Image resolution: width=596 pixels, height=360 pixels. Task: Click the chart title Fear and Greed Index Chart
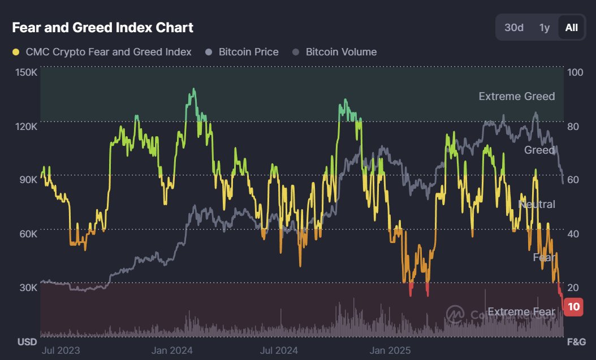click(x=103, y=27)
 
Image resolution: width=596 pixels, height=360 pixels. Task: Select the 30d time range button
click(x=513, y=28)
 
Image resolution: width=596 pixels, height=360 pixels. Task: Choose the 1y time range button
click(x=544, y=28)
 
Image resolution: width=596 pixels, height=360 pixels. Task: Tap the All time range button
click(x=572, y=28)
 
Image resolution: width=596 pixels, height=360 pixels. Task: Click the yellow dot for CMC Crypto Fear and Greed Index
click(x=16, y=52)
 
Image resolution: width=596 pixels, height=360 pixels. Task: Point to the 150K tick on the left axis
click(x=27, y=73)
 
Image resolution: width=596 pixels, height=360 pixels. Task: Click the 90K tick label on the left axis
click(x=29, y=180)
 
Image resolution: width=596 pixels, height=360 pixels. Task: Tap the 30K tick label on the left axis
click(x=29, y=287)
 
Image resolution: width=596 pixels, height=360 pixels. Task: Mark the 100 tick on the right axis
click(x=575, y=73)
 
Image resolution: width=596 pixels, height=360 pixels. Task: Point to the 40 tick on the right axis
click(x=573, y=233)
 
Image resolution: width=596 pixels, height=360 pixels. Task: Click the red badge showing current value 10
click(x=574, y=307)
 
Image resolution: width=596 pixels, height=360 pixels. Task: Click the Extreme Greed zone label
click(x=516, y=96)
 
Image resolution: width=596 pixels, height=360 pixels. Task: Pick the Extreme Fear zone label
click(x=521, y=311)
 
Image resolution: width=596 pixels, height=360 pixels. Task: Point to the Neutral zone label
click(x=537, y=204)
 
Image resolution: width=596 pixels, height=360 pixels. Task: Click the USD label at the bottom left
click(x=27, y=342)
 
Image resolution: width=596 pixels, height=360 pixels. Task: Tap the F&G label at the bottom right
click(x=576, y=342)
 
